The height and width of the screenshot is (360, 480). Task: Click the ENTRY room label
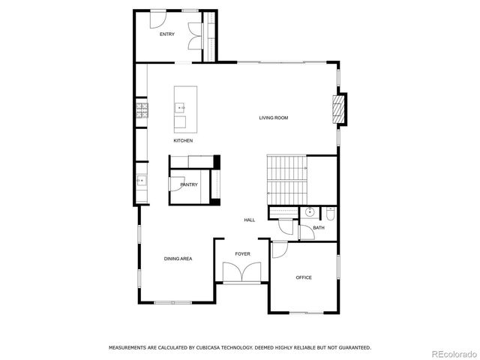(x=166, y=34)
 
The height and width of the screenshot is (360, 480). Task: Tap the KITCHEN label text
(x=183, y=141)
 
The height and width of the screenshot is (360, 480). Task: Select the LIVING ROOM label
(x=274, y=118)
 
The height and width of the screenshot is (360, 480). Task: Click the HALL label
(x=249, y=220)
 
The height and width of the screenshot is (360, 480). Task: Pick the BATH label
(x=319, y=227)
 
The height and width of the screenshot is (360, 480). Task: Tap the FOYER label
(x=242, y=254)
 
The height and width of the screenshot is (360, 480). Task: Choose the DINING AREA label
(x=178, y=259)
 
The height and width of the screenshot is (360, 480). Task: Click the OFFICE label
(x=304, y=277)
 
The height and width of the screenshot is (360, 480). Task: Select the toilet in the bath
(x=331, y=213)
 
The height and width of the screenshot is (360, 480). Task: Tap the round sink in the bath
(x=310, y=212)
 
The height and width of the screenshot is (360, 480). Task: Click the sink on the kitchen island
(x=181, y=108)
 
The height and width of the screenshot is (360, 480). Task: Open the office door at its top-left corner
(x=278, y=250)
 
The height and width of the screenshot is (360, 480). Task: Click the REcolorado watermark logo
(x=451, y=352)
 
